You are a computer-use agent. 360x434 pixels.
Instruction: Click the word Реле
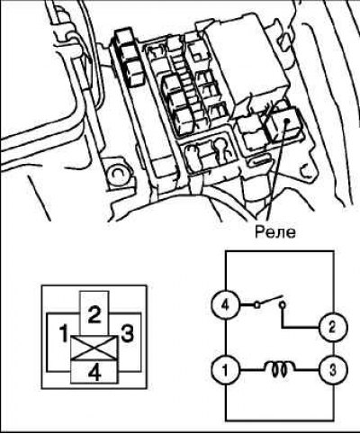point(275,232)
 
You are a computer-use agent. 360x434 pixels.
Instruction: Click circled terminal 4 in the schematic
point(225,305)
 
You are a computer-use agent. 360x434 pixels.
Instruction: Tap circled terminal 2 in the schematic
point(333,328)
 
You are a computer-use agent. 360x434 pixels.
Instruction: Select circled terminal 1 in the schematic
point(225,369)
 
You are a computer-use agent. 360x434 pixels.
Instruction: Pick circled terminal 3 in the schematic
point(333,369)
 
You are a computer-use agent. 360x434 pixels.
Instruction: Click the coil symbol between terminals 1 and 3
point(280,369)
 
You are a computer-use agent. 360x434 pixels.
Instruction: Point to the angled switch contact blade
point(268,302)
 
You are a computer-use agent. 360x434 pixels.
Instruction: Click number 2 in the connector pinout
point(94,315)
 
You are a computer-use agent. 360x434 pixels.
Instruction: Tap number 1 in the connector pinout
point(63,334)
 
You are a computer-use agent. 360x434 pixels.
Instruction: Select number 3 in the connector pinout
point(127,334)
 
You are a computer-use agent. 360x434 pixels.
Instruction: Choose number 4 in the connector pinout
point(94,373)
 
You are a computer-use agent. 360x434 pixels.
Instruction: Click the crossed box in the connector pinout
point(94,348)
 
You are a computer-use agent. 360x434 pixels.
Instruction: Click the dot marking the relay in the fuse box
point(286,121)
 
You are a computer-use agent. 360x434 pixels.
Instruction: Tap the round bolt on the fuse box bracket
point(118,174)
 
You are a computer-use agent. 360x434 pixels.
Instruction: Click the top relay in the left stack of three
point(125,38)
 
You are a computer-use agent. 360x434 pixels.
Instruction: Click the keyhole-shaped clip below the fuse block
point(221,149)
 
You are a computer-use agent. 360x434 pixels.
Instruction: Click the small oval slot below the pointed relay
point(260,161)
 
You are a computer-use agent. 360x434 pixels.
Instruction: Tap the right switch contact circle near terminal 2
point(282,305)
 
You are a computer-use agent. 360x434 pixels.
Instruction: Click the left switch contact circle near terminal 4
point(256,305)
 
